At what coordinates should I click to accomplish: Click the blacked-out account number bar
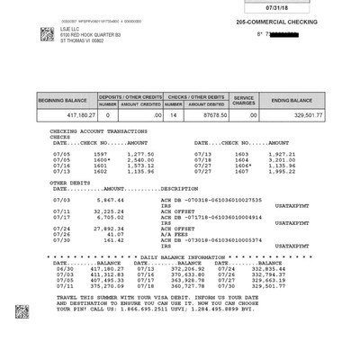(x=290, y=35)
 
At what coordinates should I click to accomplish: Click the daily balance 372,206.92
(x=178, y=267)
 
